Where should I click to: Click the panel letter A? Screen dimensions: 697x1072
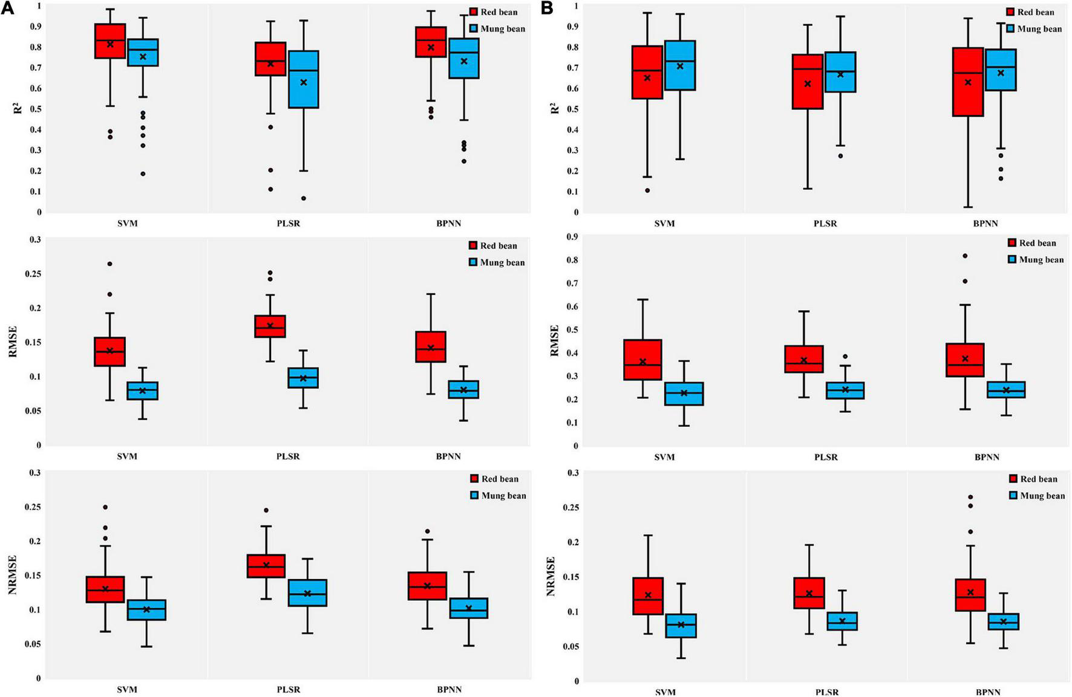pos(8,8)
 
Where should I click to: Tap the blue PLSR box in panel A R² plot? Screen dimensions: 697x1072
pos(303,79)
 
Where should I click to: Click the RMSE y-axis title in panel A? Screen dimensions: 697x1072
pos(14,342)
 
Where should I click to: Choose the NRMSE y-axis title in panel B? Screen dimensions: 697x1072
pos(551,576)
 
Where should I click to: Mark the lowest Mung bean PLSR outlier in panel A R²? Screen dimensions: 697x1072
pos(303,198)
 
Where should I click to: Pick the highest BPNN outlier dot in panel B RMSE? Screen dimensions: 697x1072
pos(965,256)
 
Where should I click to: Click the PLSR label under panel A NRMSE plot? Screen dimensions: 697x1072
pos(288,690)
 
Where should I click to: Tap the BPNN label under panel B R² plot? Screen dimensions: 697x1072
pos(985,224)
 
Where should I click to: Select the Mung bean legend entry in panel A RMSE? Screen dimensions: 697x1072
pos(496,262)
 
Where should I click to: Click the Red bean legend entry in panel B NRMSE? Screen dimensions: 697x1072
pos(1033,479)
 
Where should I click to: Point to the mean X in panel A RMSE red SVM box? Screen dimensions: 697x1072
pos(110,351)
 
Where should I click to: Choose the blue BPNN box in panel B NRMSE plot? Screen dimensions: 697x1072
pos(1003,621)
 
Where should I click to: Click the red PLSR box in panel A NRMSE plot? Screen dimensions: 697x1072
pos(266,566)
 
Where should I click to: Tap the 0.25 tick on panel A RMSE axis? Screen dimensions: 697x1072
pos(33,274)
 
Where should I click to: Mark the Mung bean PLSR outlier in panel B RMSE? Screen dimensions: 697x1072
pos(845,357)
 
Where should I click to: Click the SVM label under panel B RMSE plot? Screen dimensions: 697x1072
pos(664,457)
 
